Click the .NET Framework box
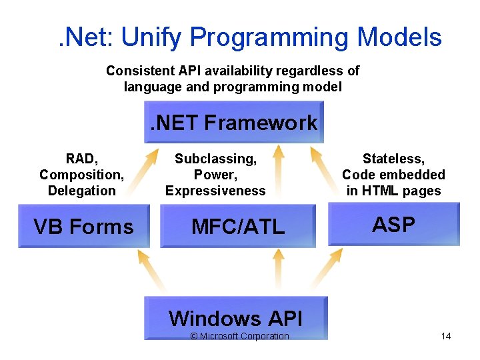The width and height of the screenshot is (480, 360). pos(234,122)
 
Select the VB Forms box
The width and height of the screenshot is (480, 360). pos(83,227)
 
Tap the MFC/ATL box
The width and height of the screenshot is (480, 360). pos(238,227)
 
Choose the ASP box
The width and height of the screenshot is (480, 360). pos(393,225)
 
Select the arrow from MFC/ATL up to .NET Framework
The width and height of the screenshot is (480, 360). pos(279,175)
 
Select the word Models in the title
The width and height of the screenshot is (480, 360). pos(399,37)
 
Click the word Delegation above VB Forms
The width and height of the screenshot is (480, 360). pos(81,191)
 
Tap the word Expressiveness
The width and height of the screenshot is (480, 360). pos(215,191)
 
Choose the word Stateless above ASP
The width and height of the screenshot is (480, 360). pos(393,159)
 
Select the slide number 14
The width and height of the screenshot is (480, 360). pos(446,336)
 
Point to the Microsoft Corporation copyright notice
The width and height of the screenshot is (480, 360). pos(239,336)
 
